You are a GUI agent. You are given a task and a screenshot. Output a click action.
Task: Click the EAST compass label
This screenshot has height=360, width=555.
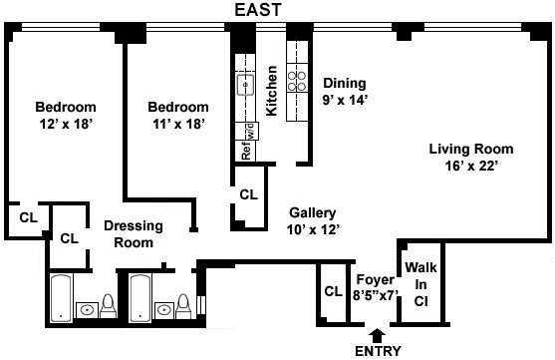click(258, 10)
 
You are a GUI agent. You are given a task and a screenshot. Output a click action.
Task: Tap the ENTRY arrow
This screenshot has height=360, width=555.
click(378, 335)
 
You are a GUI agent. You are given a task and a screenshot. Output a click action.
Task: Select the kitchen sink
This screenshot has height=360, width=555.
click(245, 85)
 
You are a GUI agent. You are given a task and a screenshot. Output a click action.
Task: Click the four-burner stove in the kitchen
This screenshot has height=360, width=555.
click(297, 81)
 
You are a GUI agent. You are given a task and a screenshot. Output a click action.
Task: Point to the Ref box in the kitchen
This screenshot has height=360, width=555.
click(246, 151)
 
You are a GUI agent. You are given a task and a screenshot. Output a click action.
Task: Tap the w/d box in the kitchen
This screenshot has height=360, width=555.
click(251, 131)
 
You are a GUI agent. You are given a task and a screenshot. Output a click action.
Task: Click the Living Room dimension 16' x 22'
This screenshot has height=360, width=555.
click(471, 166)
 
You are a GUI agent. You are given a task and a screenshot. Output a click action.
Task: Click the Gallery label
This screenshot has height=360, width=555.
click(313, 213)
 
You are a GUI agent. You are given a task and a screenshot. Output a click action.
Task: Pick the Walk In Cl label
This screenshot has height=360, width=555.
click(420, 284)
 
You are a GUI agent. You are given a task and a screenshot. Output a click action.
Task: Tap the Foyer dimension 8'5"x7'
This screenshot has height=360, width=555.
click(376, 295)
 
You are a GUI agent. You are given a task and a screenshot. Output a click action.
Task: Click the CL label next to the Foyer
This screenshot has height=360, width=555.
click(334, 291)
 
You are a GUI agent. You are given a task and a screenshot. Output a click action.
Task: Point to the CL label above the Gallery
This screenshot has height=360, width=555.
click(248, 194)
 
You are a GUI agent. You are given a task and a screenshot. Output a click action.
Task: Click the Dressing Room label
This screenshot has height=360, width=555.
click(134, 234)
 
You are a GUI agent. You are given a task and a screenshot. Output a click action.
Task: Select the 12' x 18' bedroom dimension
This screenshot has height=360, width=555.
click(66, 124)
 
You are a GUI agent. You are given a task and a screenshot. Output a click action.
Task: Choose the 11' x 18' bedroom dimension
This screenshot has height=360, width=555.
click(178, 124)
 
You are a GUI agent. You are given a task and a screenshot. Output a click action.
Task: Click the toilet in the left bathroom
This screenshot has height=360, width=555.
click(108, 307)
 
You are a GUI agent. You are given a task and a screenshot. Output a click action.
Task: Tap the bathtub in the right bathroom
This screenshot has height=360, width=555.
click(140, 298)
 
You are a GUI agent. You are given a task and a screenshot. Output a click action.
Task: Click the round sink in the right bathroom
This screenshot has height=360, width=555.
click(164, 311)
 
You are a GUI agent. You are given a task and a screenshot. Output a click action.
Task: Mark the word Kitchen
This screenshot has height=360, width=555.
click(271, 91)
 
